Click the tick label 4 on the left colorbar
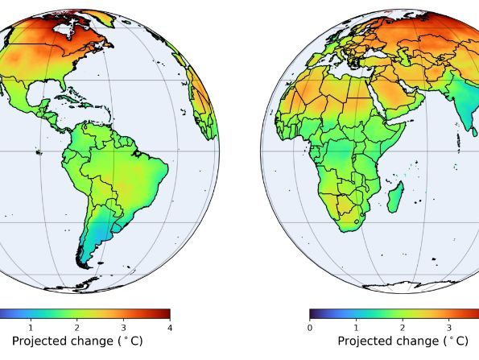point(170,328)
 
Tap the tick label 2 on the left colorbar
point(76,328)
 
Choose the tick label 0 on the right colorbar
point(310,328)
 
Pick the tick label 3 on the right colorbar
point(449,328)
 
